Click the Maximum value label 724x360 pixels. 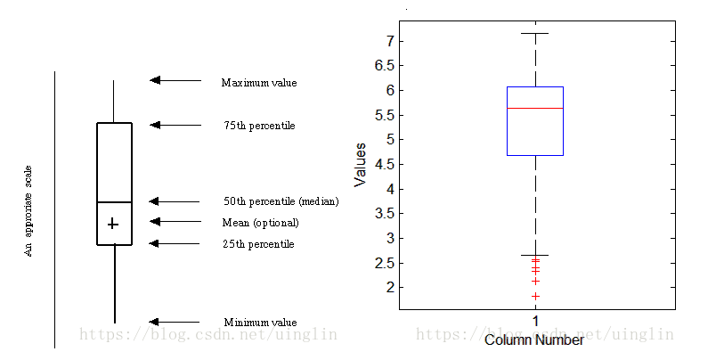(258, 83)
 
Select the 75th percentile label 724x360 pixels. (259, 126)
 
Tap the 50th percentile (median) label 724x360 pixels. (281, 201)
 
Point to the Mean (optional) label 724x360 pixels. (260, 223)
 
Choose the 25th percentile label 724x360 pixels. (258, 244)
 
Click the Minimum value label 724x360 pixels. (259, 323)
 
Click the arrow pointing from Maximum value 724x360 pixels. (175, 80)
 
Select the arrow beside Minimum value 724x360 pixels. (175, 322)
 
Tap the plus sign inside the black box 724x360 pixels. (113, 224)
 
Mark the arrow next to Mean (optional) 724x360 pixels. (175, 221)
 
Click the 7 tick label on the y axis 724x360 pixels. (390, 41)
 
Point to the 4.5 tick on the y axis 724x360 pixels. (384, 164)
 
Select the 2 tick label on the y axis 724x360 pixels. (390, 287)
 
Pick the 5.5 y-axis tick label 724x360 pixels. (384, 115)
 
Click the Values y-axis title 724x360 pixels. (361, 164)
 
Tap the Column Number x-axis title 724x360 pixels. (534, 340)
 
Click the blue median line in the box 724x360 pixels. (535, 108)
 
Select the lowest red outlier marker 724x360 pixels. (535, 296)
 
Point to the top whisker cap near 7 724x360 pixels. (534, 34)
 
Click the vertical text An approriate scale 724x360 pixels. (28, 211)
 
